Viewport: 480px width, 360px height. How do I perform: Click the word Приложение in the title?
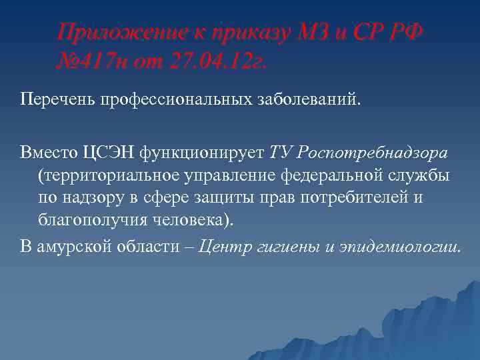point(113,32)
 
